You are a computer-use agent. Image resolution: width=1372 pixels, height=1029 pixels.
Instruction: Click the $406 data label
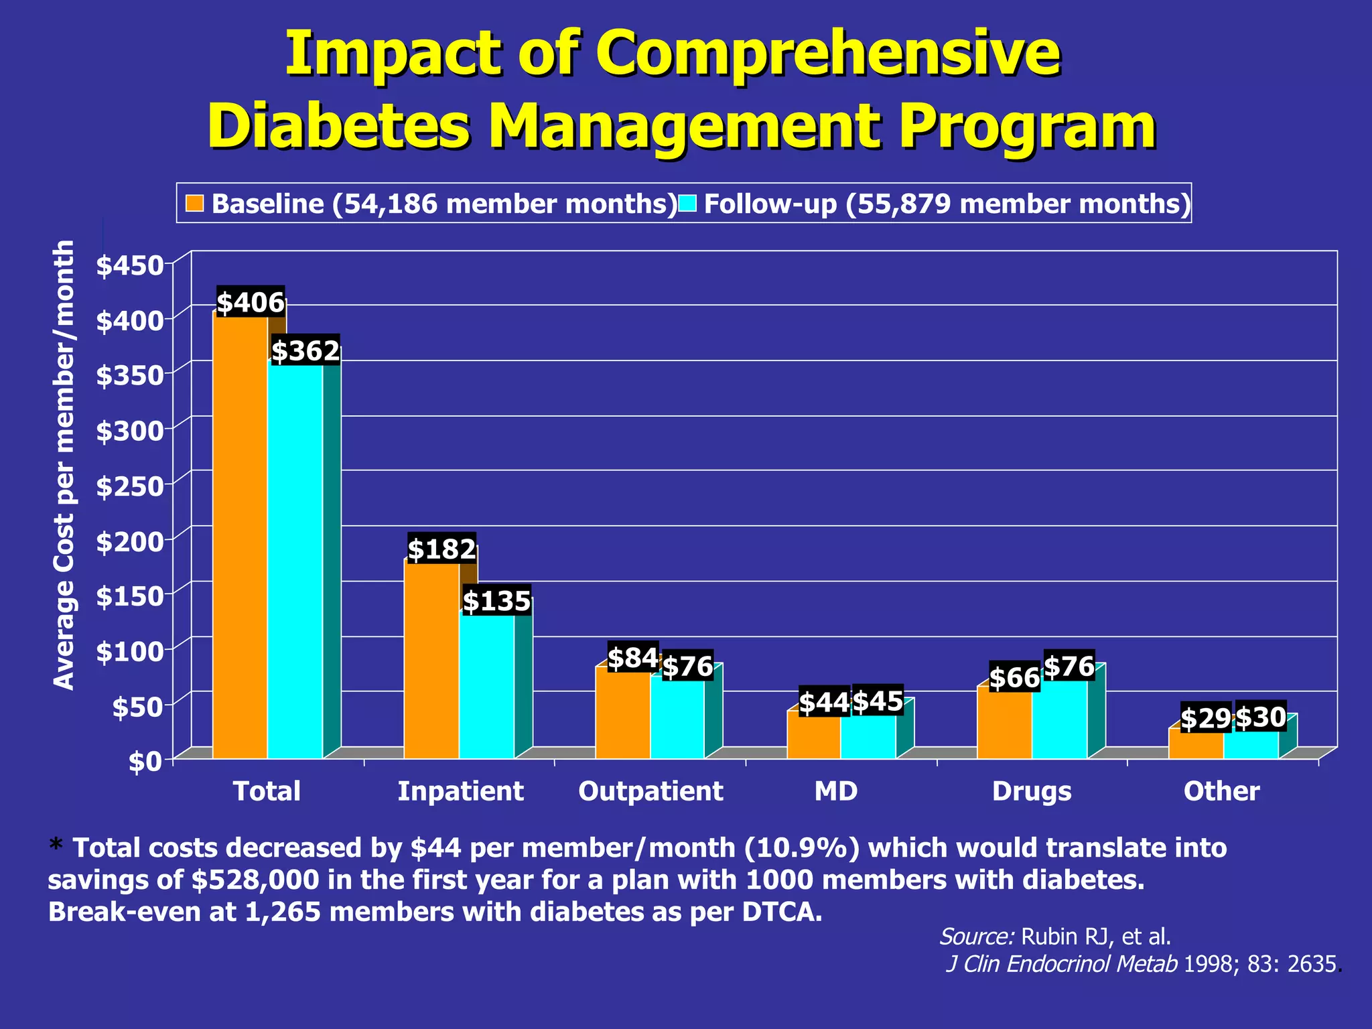251,303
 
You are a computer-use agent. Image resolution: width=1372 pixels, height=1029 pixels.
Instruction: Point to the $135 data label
496,601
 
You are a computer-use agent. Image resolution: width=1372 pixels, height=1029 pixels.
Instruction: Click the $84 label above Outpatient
632,658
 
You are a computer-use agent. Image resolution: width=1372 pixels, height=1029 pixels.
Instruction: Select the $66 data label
1014,678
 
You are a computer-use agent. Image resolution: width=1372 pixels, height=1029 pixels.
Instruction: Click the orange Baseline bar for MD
813,736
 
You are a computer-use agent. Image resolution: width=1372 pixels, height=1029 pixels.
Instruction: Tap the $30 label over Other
1260,717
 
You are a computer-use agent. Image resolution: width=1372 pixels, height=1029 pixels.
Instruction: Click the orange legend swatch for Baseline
195,203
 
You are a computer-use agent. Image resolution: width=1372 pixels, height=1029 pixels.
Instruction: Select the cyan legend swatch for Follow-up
688,203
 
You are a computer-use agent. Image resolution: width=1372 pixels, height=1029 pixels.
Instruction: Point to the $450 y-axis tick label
130,265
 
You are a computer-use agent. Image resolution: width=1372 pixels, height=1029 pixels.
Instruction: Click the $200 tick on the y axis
130,541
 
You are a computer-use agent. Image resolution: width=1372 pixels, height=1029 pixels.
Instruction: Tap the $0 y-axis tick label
145,762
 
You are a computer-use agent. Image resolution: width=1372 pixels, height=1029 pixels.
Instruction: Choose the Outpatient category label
650,791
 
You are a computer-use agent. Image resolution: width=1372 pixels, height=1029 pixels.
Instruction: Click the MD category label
835,791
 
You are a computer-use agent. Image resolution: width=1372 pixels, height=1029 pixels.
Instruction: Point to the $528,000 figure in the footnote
255,880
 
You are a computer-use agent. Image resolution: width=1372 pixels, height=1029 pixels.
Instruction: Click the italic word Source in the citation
976,936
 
